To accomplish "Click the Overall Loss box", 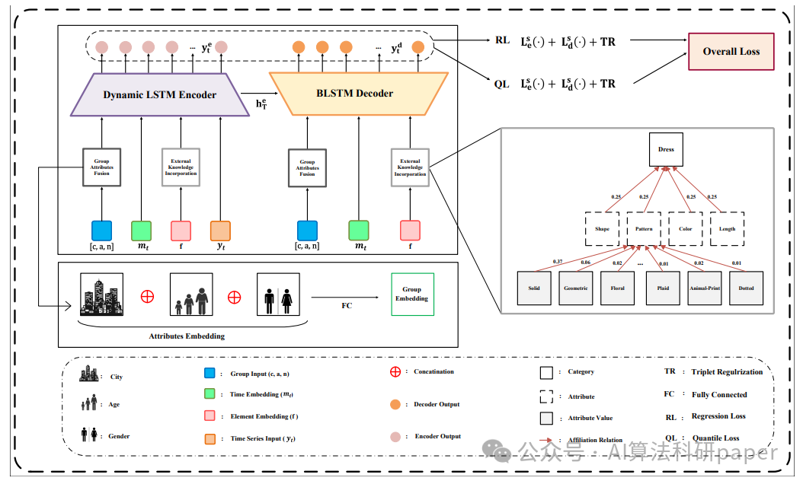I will (730, 52).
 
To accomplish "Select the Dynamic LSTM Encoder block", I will (160, 95).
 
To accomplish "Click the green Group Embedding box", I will (411, 295).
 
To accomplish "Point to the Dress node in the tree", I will (666, 150).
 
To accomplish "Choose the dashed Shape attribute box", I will (602, 228).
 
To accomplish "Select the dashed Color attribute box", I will (685, 228).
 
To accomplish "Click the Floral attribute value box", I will (617, 288).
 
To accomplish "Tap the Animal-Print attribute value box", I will (704, 288).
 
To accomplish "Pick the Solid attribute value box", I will (533, 288).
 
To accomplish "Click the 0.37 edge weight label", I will (536, 262).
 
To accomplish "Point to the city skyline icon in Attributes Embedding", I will (101, 295).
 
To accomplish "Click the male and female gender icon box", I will (278, 295).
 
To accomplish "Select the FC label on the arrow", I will (347, 306).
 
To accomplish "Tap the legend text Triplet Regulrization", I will (727, 372).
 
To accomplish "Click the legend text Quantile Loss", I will (715, 438).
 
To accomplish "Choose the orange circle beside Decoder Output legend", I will (395, 404).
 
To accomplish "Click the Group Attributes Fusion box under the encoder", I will (101, 167).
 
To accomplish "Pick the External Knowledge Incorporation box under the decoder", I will (410, 167).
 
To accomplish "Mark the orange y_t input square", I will (220, 231).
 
